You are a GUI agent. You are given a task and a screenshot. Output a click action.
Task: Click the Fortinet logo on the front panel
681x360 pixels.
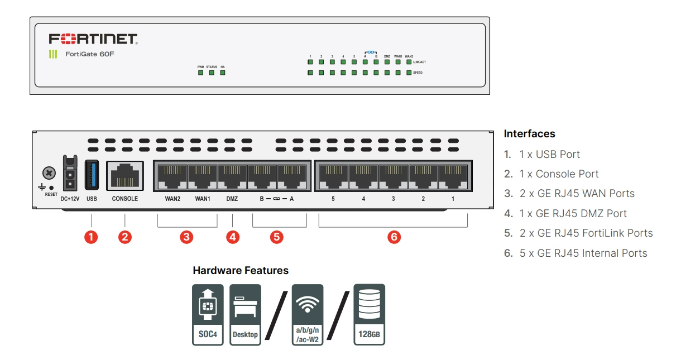coord(93,39)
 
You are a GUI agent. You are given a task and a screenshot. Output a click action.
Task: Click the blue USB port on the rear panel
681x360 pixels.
coord(92,175)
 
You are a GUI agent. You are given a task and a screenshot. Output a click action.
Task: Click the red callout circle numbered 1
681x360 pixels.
coord(91,237)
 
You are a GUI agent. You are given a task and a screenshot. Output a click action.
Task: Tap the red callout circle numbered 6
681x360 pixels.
coord(394,237)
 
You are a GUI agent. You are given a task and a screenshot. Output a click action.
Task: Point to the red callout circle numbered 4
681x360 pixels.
coord(233,237)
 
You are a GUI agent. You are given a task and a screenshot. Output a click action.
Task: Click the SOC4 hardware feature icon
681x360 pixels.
coord(208,314)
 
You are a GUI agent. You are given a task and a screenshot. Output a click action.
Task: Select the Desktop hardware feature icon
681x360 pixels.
coord(245,314)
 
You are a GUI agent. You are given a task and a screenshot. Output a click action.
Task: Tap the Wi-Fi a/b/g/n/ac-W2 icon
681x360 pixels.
coord(308,314)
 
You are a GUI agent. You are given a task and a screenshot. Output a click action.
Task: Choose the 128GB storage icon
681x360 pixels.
coord(369,314)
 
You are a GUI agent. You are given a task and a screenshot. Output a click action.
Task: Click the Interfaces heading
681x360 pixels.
coord(529,134)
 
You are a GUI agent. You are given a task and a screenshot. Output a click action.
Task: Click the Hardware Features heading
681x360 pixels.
coord(241,271)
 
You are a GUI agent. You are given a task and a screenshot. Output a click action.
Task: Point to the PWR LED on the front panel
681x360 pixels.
coord(200,73)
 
